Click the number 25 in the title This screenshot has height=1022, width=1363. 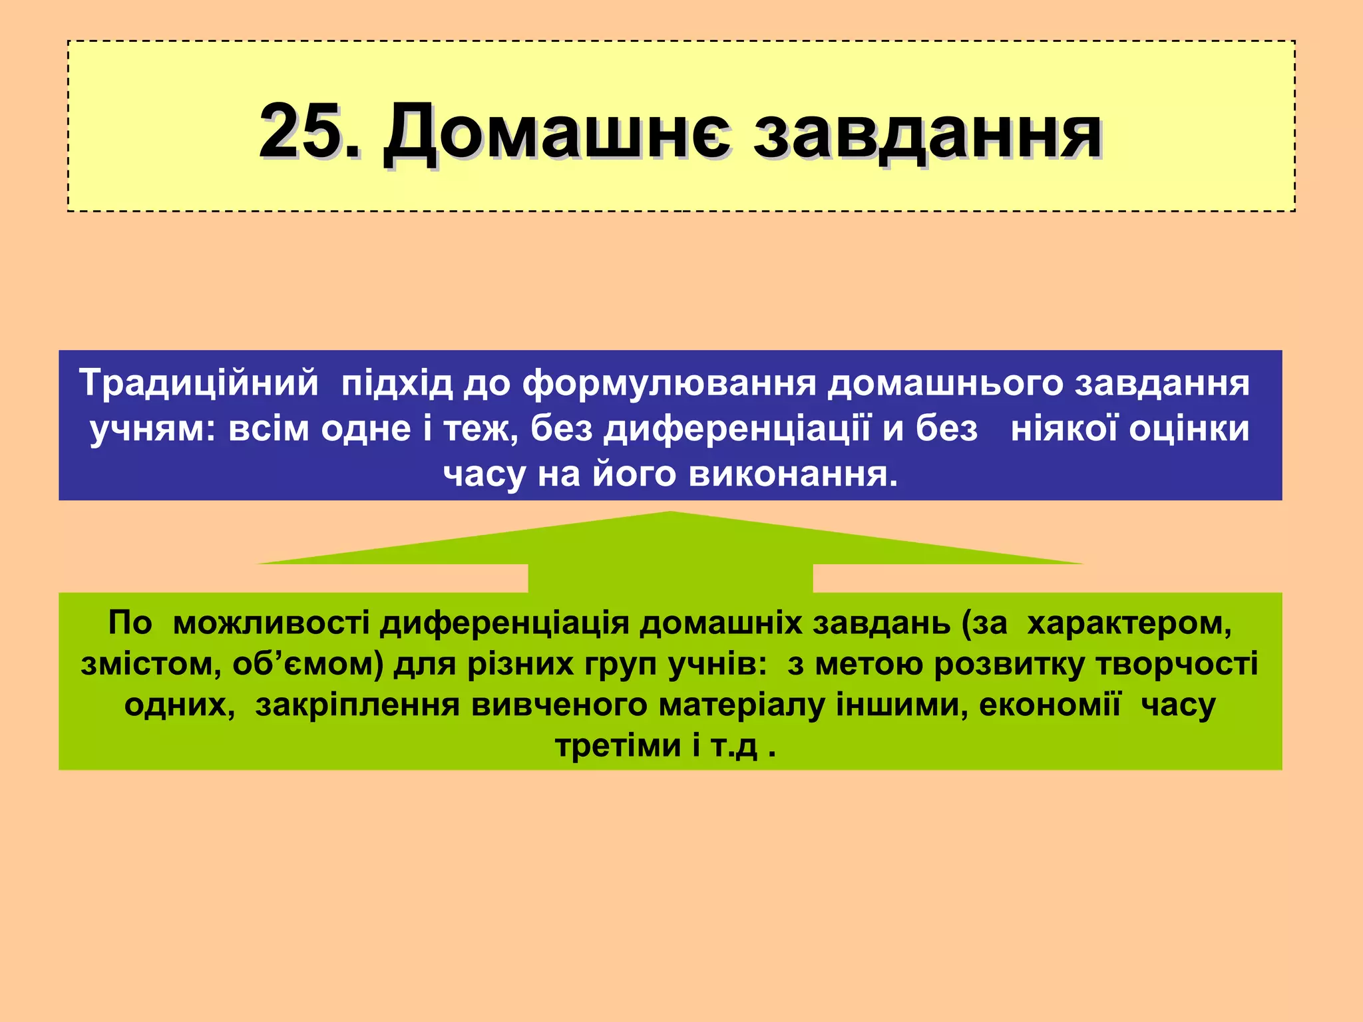(x=303, y=131)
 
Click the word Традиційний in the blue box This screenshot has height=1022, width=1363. (x=199, y=383)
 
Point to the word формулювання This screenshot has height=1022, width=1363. (x=669, y=385)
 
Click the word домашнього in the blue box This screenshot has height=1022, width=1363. (x=946, y=385)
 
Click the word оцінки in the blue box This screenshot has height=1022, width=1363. (x=1189, y=430)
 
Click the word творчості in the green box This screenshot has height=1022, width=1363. (x=1177, y=665)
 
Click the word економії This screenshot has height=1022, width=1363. (x=1050, y=705)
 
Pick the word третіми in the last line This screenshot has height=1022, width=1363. (x=618, y=746)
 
